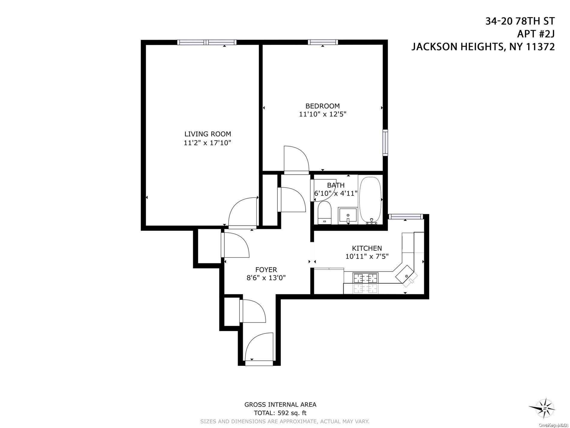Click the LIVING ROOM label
click(x=208, y=134)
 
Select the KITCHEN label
click(x=367, y=248)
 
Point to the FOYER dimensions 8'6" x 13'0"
click(x=266, y=278)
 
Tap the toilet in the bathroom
click(x=324, y=213)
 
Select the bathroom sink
click(x=348, y=216)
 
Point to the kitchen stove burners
click(x=365, y=278)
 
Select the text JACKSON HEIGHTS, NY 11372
click(x=483, y=47)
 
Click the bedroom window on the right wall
click(x=385, y=142)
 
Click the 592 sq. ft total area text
click(x=280, y=413)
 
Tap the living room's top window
click(x=207, y=42)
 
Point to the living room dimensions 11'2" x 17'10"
click(x=208, y=142)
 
